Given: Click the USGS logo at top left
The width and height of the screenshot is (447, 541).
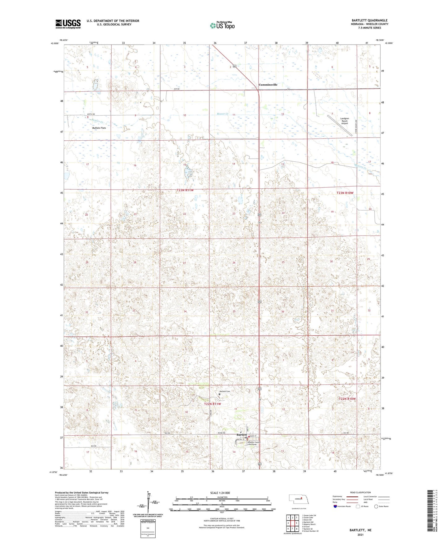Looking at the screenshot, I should click(68, 24).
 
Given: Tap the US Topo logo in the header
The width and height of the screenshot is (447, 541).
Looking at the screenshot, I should click(222, 25).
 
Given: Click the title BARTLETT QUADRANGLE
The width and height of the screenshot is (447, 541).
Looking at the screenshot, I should click(369, 20).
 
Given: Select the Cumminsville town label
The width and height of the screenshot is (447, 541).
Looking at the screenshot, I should click(268, 85).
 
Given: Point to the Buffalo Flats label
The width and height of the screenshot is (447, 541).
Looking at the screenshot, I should click(99, 128).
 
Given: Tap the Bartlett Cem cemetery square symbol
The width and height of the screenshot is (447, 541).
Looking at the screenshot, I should click(229, 394).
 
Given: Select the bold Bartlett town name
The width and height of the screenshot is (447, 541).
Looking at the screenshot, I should click(241, 435).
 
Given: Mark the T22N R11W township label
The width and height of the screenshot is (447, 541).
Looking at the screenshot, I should click(213, 404).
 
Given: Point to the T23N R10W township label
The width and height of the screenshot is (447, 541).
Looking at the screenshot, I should click(345, 193).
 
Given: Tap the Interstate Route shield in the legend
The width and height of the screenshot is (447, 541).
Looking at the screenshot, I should click(336, 506).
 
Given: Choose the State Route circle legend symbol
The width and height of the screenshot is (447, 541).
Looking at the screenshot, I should click(376, 506).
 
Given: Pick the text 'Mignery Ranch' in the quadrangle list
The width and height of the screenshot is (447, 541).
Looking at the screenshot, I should click(310, 524).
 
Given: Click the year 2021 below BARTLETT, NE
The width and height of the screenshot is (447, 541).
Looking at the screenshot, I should click(360, 534).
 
